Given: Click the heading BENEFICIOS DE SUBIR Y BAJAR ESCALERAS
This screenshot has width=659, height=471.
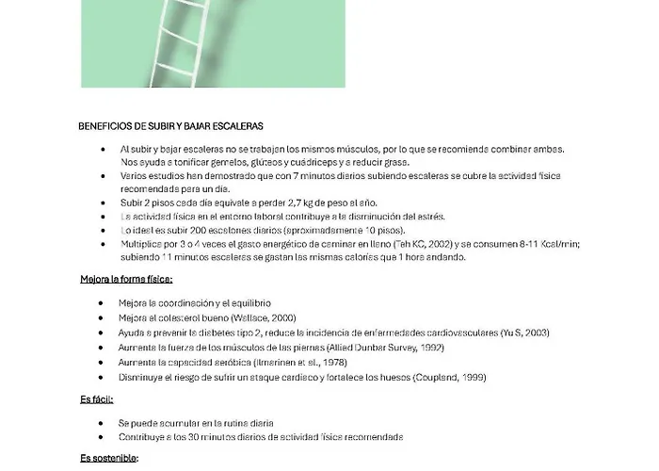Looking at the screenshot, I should point(170,125).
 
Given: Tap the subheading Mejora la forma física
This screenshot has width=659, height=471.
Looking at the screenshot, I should point(126,279).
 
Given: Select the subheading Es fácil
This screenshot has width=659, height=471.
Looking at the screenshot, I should point(97,400).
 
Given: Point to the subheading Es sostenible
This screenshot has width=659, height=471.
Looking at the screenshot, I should point(109,459).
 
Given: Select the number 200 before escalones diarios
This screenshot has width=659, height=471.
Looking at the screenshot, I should point(188,230).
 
